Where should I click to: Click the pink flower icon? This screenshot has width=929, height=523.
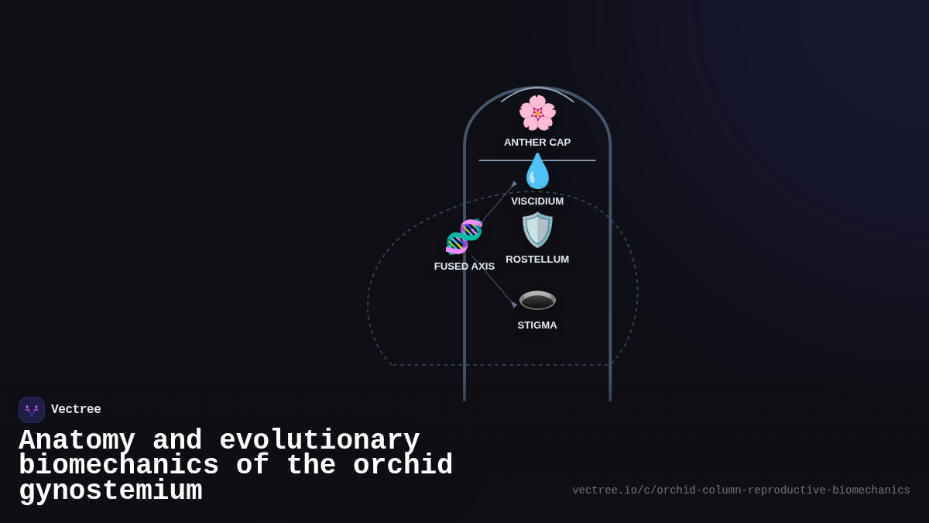pyautogui.click(x=537, y=113)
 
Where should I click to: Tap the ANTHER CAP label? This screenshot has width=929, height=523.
pyautogui.click(x=537, y=143)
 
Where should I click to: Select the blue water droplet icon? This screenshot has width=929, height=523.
pyautogui.click(x=537, y=171)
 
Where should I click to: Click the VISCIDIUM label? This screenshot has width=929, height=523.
pyautogui.click(x=537, y=201)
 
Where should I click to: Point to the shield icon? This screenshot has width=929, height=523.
pyautogui.click(x=537, y=230)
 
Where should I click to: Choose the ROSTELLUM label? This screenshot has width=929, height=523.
pyautogui.click(x=537, y=260)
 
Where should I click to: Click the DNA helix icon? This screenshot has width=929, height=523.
pyautogui.click(x=464, y=237)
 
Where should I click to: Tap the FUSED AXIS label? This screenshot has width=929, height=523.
pyautogui.click(x=464, y=267)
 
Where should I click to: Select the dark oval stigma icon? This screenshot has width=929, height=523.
pyautogui.click(x=537, y=300)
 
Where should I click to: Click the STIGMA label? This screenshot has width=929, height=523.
pyautogui.click(x=537, y=325)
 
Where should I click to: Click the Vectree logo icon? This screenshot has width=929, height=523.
pyautogui.click(x=32, y=410)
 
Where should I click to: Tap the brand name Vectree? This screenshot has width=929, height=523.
pyautogui.click(x=76, y=410)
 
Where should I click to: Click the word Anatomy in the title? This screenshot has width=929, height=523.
pyautogui.click(x=77, y=441)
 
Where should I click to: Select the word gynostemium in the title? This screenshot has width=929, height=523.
pyautogui.click(x=110, y=491)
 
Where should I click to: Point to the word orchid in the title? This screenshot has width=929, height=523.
pyautogui.click(x=403, y=466)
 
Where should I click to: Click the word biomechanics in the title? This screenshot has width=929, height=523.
pyautogui.click(x=118, y=466)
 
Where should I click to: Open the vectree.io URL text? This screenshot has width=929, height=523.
pyautogui.click(x=741, y=490)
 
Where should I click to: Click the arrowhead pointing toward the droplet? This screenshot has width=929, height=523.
pyautogui.click(x=514, y=184)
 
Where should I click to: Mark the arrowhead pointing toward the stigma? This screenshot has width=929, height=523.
pyautogui.click(x=514, y=305)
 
